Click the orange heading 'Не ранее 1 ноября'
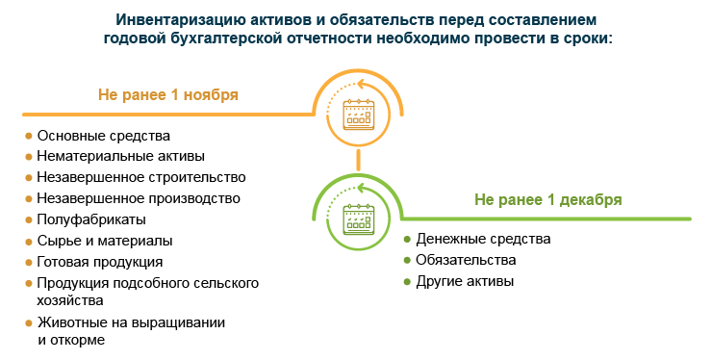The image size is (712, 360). click(167, 95)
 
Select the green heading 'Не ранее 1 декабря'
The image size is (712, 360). click(547, 199)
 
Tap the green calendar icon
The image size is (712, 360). click(358, 219)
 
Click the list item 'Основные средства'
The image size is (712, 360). click(103, 136)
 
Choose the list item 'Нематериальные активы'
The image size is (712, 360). click(120, 156)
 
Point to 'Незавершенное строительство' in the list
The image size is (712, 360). click(140, 177)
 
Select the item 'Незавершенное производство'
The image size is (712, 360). click(138, 198)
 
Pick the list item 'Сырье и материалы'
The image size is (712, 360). click(104, 241)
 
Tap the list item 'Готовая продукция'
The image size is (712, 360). click(99, 261)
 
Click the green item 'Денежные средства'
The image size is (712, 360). click(483, 239)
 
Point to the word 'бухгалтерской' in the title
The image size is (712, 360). click(227, 38)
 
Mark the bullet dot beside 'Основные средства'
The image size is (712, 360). click(28, 136)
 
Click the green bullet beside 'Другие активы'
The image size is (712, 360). click(407, 281)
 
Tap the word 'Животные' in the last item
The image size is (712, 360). click(70, 322)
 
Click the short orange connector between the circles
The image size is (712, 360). click(358, 160)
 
